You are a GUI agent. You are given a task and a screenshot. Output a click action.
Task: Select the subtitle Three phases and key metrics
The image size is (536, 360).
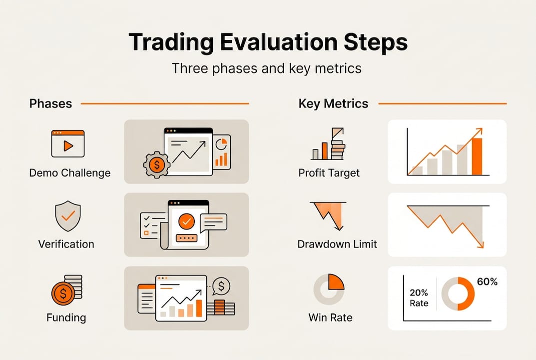[266, 68]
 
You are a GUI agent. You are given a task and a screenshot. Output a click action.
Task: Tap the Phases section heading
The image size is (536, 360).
[50, 103]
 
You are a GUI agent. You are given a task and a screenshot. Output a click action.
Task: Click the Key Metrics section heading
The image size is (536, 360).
[333, 103]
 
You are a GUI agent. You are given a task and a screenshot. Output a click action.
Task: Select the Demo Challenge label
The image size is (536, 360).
[70, 173]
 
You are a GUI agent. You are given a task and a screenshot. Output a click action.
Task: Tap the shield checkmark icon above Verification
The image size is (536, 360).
[68, 216]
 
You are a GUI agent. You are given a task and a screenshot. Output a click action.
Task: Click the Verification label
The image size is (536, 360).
[66, 244]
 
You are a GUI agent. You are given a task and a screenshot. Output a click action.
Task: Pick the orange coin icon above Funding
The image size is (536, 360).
[63, 293]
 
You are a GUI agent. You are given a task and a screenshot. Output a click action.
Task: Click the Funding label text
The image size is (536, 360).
[66, 317]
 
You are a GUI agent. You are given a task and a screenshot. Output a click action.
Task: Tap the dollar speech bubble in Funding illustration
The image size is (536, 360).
[221, 286]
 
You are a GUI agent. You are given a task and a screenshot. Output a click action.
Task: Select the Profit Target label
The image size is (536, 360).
[329, 173]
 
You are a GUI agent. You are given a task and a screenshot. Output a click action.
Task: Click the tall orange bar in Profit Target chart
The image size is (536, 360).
[477, 156]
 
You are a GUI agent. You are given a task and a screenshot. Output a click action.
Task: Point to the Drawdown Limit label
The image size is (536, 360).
[337, 244]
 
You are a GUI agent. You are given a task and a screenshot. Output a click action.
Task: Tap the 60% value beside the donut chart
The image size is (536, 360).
[487, 281]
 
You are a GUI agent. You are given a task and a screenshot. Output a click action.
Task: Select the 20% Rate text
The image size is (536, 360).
[419, 298]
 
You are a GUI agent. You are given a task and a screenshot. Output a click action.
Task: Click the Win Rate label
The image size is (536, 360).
[330, 317]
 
